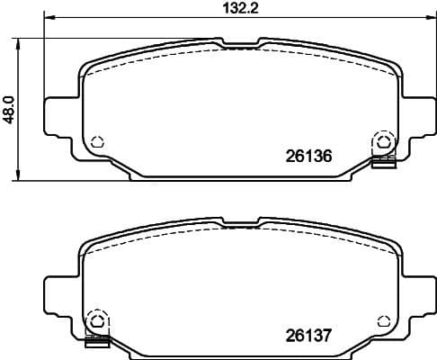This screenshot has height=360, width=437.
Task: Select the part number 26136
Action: [x=308, y=156]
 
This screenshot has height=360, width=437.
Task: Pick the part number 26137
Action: [x=308, y=335]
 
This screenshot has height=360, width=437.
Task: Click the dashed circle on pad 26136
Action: [x=382, y=142]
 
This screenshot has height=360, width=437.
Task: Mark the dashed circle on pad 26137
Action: [x=96, y=321]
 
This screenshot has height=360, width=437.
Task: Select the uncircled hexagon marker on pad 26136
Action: [x=96, y=142]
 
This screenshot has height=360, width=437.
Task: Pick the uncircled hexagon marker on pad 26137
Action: [x=382, y=321]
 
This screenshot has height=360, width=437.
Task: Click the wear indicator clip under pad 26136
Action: [x=384, y=162]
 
